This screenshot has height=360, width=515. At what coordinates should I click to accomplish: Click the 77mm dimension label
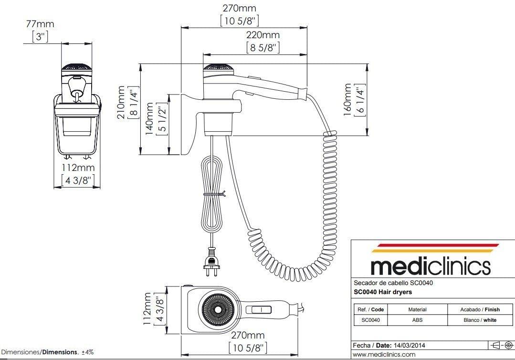40,23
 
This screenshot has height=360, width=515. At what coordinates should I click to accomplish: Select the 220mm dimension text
263,35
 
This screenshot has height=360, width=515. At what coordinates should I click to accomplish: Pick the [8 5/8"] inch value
263,47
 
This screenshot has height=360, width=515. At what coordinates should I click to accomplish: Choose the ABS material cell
417,320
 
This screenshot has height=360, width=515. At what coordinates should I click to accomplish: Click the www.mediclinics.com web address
384,355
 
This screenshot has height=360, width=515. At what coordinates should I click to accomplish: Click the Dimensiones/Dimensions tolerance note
47,352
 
